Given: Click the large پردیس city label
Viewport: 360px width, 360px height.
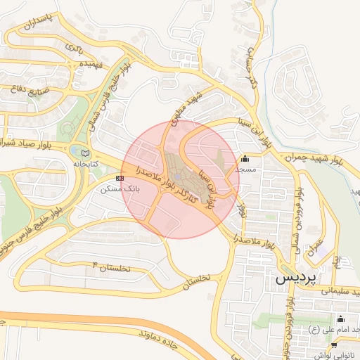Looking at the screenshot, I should tap(295, 276).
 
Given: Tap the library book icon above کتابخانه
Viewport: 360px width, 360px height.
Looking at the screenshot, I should tap(86, 153).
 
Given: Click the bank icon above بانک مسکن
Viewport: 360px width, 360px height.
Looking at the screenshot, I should tap(120, 179).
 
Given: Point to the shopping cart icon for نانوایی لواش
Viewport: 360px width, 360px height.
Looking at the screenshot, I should tap(333, 345).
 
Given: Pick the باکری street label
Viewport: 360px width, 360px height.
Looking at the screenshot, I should tap(74, 48).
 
